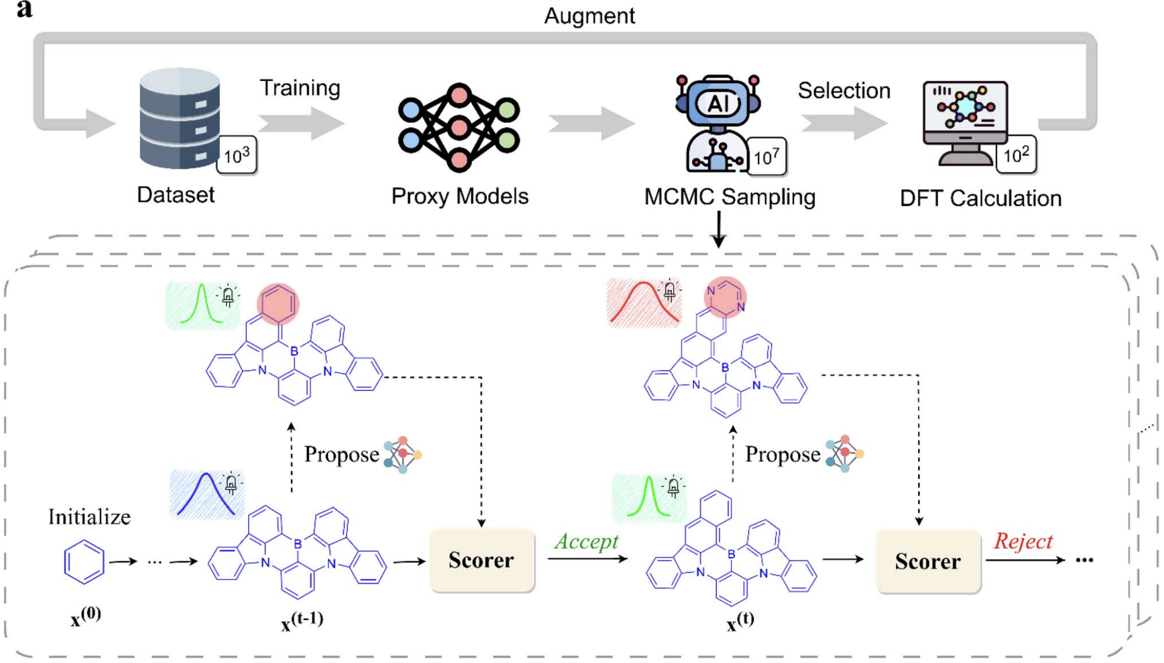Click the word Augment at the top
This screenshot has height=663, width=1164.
click(x=589, y=16)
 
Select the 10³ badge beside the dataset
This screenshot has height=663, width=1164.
click(x=236, y=156)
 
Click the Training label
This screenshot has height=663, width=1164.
click(x=300, y=88)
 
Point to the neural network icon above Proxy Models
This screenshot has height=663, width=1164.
click(x=459, y=127)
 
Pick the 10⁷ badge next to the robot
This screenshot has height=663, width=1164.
click(x=766, y=157)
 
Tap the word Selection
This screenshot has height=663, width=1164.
click(x=843, y=91)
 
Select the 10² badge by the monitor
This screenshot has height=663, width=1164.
click(x=1016, y=155)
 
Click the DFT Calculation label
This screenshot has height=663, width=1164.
click(x=980, y=199)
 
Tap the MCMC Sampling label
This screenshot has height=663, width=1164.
click(x=729, y=197)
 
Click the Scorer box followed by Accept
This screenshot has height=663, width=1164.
click(x=482, y=561)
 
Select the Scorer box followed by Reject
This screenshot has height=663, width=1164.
click(x=928, y=562)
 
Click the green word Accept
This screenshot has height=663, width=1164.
click(x=586, y=541)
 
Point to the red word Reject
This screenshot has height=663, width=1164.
click(x=1023, y=541)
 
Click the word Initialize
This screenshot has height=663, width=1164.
click(x=89, y=517)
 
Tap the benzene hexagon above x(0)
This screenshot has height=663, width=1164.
click(x=84, y=562)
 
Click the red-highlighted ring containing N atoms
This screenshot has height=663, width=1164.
click(x=725, y=298)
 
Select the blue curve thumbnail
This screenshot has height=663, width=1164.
click(x=205, y=494)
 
